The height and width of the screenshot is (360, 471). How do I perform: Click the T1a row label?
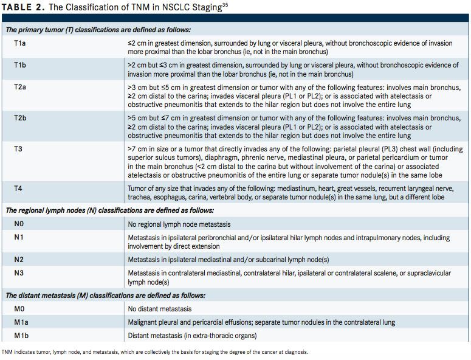click(21, 43)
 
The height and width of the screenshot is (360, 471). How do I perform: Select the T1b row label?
click(21, 65)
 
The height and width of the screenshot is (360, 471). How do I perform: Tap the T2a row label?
click(21, 88)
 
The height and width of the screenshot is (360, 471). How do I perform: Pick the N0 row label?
click(19, 224)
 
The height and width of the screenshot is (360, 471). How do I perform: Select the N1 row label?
click(19, 237)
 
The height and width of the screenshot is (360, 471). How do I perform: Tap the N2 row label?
click(19, 260)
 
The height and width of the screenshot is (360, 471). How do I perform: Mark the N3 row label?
click(19, 273)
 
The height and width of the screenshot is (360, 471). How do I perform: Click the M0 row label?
click(19, 310)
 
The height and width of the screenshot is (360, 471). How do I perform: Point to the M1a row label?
click(21, 322)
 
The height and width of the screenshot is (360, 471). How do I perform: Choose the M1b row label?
click(21, 336)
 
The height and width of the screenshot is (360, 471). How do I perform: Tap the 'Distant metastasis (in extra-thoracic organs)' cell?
click(192, 336)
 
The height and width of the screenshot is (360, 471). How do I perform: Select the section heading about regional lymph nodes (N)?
click(109, 210)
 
